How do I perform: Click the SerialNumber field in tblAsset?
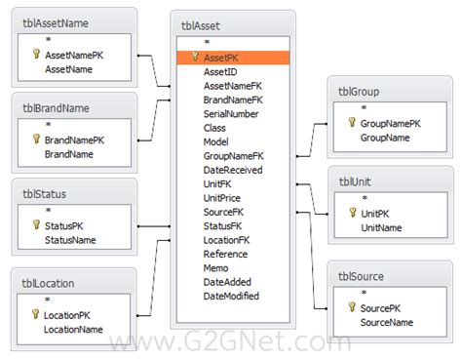[x=231, y=113]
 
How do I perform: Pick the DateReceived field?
[x=232, y=170]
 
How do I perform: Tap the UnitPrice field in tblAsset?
[x=222, y=197]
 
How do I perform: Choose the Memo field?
[x=216, y=267]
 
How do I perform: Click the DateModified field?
[x=231, y=296]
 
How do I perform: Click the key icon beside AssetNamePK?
[x=36, y=56]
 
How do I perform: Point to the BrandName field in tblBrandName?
[x=68, y=153]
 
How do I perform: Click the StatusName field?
[x=70, y=239]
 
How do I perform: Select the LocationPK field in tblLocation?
[x=67, y=315]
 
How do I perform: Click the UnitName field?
[x=381, y=226]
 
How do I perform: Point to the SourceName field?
[x=387, y=321]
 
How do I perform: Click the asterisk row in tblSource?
[x=364, y=293]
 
